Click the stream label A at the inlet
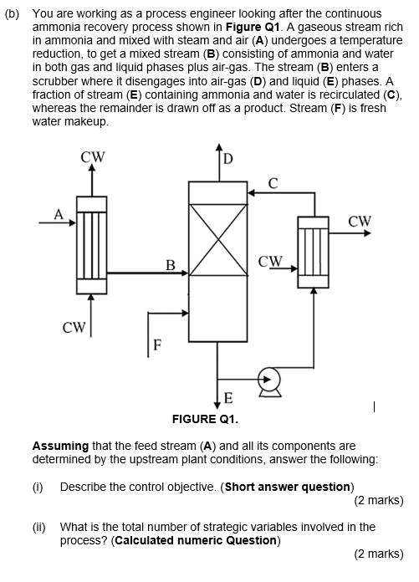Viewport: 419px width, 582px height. (x=59, y=212)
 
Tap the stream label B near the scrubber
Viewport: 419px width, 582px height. (x=170, y=266)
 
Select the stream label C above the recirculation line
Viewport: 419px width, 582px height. (x=272, y=182)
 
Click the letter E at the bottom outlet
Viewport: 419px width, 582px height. (x=228, y=396)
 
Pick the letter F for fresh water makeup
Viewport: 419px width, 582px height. (x=156, y=345)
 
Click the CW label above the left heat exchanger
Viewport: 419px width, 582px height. (x=92, y=156)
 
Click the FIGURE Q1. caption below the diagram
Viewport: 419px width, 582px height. (x=205, y=418)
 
